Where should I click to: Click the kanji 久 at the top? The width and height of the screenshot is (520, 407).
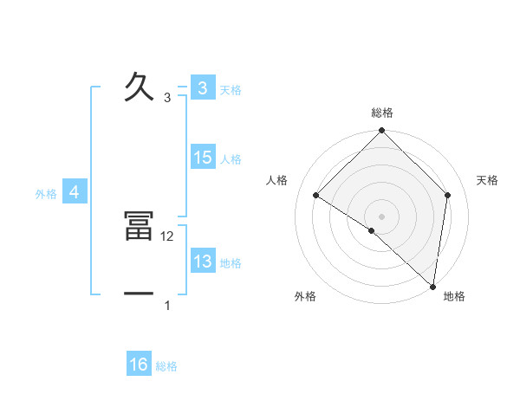coord(139,87)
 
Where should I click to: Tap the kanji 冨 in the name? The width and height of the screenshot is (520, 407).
coord(139,228)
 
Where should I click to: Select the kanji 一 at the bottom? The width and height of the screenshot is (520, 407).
coord(139,294)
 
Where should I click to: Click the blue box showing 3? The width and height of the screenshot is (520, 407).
coord(202,88)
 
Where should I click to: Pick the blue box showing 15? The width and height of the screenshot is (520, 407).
coord(202,158)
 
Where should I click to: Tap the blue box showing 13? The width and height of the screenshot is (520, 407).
coord(202,262)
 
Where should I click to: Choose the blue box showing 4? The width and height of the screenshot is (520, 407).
coord(75,192)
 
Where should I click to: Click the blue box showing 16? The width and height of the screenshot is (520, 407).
coord(139,365)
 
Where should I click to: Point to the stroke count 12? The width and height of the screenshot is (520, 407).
coord(168,236)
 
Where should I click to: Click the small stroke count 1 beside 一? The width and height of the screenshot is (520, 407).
coord(167,306)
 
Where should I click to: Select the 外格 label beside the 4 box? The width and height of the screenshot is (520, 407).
coord(46,194)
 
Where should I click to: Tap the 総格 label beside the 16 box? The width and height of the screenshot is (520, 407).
coord(166,366)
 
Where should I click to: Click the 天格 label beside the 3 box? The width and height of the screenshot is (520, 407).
coord(231,90)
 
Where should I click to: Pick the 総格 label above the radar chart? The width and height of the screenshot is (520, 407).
coord(381,113)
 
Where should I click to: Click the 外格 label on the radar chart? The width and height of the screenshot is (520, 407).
coord(305,296)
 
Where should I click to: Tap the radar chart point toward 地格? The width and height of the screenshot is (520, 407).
coord(432,286)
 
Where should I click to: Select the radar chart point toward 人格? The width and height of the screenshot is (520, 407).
coord(316,196)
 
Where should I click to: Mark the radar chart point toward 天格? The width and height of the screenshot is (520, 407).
coord(447,196)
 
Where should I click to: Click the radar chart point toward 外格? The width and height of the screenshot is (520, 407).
coord(371,230)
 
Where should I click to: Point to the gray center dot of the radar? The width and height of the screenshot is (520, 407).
coord(381,216)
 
